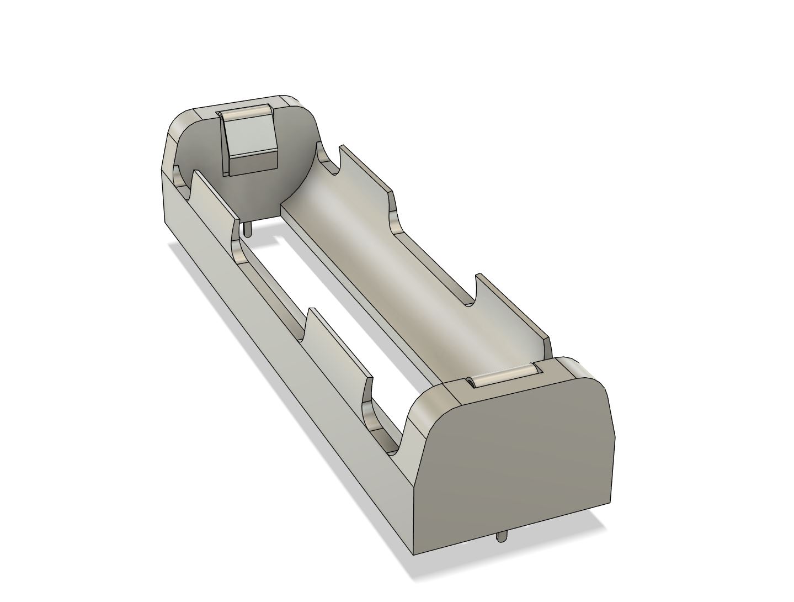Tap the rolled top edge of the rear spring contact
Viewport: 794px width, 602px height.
click(x=246, y=113)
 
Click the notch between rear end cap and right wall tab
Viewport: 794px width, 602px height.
click(x=328, y=160)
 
